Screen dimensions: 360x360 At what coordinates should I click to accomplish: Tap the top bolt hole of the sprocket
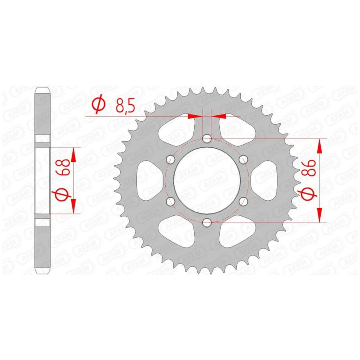point(207,138)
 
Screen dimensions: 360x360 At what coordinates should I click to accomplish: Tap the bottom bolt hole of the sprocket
point(207,222)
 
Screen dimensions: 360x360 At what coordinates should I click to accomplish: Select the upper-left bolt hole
point(171,159)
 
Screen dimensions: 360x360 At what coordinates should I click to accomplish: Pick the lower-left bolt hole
point(171,201)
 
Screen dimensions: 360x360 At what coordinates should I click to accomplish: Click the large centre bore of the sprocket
point(207,180)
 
